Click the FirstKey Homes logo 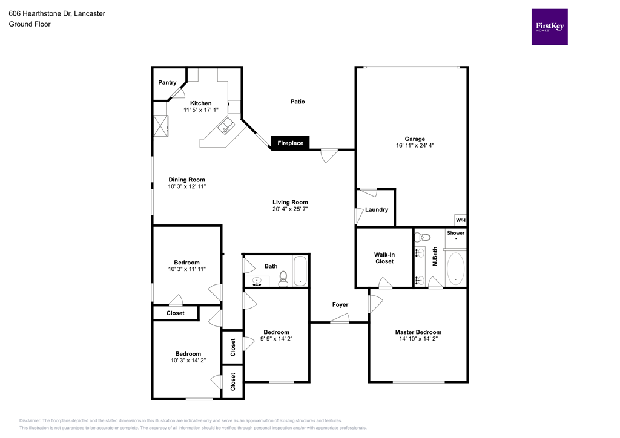pyautogui.click(x=549, y=27)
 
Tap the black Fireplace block pyautogui.click(x=291, y=143)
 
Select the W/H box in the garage pyautogui.click(x=460, y=220)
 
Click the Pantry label pyautogui.click(x=167, y=83)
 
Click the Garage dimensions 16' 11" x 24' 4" pyautogui.click(x=415, y=146)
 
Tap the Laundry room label pyautogui.click(x=377, y=210)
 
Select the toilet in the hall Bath pyautogui.click(x=283, y=278)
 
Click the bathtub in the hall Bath pyautogui.click(x=300, y=271)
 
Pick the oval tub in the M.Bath pyautogui.click(x=455, y=269)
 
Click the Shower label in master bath pyautogui.click(x=455, y=233)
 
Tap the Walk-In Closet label pyautogui.click(x=384, y=258)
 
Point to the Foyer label pyautogui.click(x=340, y=305)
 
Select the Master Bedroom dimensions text pyautogui.click(x=418, y=339)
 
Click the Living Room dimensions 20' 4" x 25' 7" pyautogui.click(x=290, y=210)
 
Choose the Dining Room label pyautogui.click(x=186, y=180)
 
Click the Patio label pyautogui.click(x=297, y=102)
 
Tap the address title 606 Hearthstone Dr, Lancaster pyautogui.click(x=57, y=13)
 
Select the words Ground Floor pyautogui.click(x=30, y=24)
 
